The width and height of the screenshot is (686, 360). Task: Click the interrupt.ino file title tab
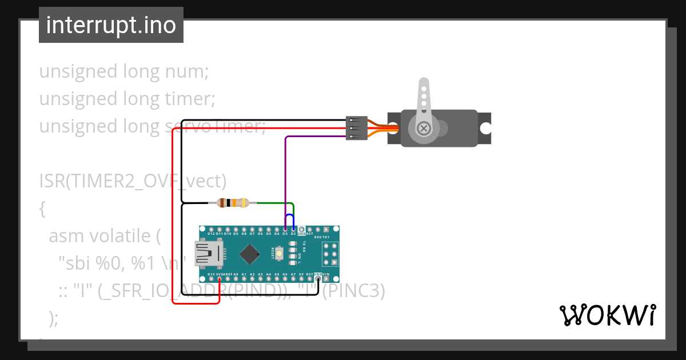111,25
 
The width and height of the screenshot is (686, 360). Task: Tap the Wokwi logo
607,315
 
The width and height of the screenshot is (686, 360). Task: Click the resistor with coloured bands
233,203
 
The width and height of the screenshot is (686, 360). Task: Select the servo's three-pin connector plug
357,129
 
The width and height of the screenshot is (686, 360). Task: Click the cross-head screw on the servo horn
424,128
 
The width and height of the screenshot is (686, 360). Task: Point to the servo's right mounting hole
485,128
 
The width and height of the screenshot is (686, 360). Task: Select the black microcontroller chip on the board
250,254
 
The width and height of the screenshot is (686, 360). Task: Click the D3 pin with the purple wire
285,229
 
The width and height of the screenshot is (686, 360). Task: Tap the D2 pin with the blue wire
293,229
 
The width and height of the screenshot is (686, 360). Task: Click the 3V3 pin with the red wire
220,279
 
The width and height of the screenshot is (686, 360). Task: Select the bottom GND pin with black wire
318,279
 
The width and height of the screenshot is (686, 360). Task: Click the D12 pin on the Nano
211,229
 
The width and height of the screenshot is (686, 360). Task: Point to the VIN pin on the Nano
326,279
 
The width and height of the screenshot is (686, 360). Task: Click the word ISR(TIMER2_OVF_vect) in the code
133,181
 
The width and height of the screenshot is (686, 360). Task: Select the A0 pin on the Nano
236,279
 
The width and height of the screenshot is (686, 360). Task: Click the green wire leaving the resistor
274,203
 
